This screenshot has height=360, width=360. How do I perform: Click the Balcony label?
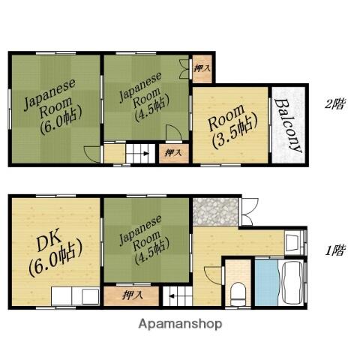coord(288,125)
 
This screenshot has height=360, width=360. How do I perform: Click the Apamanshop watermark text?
coord(180,324)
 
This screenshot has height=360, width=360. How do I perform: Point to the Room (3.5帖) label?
coord(232,126)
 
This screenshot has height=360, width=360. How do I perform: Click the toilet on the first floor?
coord(238,294)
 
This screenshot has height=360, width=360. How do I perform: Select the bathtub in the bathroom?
coord(292,283)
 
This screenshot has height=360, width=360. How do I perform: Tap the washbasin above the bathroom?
coord(293,242)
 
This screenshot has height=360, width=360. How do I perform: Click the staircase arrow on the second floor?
coord(146,154)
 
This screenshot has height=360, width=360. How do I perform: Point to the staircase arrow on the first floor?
coord(172,296)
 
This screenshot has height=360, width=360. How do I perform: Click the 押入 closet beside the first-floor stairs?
coord(131,296)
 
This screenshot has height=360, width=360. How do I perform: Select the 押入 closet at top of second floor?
coord(202,69)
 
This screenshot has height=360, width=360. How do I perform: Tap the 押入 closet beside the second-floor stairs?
coord(174,154)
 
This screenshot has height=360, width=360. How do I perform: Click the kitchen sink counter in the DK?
coord(76,296)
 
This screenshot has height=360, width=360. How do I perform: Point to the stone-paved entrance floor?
coord(215,212)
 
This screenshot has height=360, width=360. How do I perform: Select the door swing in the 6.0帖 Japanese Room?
coord(92,154)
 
